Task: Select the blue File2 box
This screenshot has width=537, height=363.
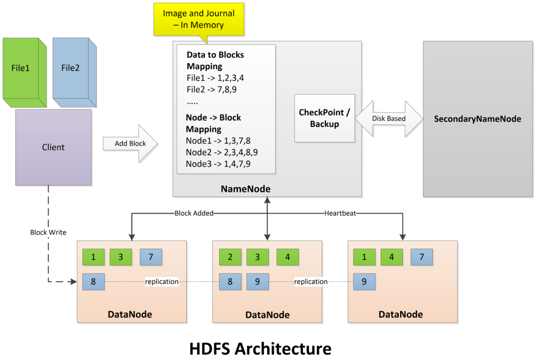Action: coord(71,68)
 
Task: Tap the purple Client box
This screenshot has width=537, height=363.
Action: coord(53,147)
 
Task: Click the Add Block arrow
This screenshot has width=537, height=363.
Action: coord(131,144)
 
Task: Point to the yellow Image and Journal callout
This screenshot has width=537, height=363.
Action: coord(199,20)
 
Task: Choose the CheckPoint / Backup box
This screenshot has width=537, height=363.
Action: coord(324,118)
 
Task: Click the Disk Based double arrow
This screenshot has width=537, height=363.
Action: coord(389,119)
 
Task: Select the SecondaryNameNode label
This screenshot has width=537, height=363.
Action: coord(477,119)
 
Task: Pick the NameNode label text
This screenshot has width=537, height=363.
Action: coord(246,189)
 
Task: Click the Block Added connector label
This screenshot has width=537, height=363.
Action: coord(194,213)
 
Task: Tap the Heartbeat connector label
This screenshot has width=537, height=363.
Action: coord(340,213)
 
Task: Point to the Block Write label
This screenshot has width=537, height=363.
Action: coord(48,232)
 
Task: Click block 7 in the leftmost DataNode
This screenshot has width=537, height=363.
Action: coord(151,257)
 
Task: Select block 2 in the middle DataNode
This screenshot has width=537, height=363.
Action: coord(230,257)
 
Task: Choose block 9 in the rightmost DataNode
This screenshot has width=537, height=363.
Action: coord(364,282)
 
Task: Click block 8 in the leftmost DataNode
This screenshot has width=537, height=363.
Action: coord(93,282)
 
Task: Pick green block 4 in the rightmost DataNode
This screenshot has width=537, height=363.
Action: coord(391,257)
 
